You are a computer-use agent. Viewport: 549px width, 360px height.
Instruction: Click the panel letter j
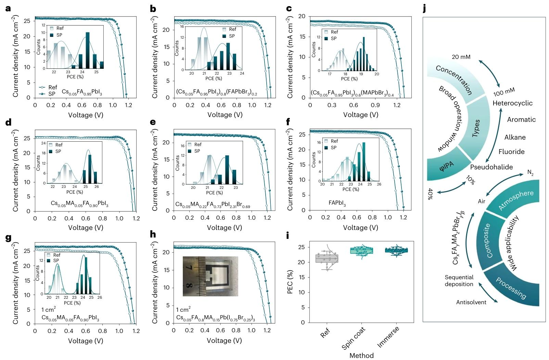coord(424,8)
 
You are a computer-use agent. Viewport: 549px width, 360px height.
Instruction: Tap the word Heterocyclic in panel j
coord(512,103)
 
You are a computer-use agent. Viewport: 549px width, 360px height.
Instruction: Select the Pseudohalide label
coord(491,167)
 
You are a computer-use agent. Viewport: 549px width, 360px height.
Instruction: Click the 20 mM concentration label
coord(461,57)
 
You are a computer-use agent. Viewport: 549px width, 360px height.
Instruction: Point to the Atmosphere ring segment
coord(515,200)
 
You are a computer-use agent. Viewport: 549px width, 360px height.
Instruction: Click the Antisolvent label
coord(471,302)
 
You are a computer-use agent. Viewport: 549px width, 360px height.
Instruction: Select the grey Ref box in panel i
coord(327,258)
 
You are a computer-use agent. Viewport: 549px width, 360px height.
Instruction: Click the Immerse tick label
coord(388,337)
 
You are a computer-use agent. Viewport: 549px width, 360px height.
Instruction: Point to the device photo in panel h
coord(210,276)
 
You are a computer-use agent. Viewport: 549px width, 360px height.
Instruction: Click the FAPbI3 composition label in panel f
coord(337,203)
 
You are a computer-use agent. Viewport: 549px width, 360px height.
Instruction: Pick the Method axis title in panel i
coord(361,356)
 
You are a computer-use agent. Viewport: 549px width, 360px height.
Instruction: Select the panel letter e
coord(153,122)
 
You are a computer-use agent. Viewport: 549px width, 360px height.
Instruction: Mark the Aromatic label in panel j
coord(521,119)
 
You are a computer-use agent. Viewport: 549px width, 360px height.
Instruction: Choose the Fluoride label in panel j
coord(511,152)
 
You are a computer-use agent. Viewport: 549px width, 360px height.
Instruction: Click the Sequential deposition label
coord(459,281)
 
